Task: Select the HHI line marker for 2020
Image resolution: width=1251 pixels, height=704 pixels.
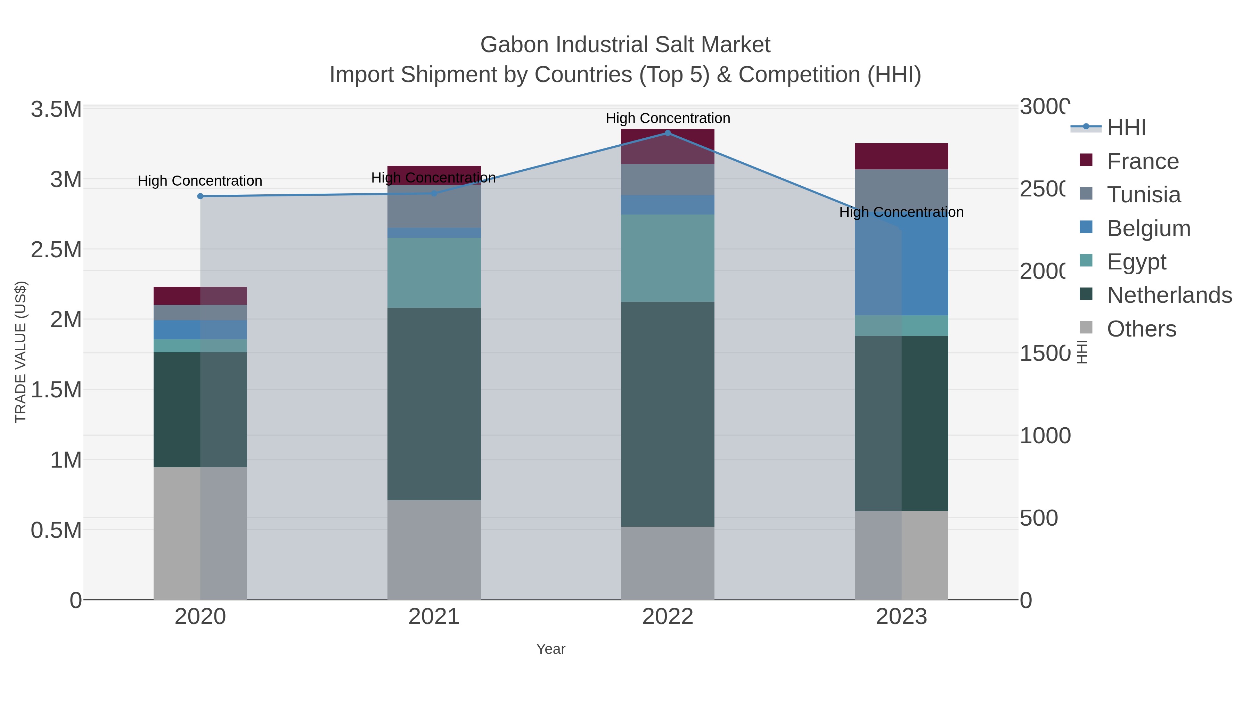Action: click(x=200, y=196)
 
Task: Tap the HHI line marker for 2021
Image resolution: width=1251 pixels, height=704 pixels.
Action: click(x=434, y=193)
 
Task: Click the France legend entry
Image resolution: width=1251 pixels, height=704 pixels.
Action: click(x=1142, y=161)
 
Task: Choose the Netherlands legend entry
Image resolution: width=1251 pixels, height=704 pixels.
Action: click(x=1169, y=296)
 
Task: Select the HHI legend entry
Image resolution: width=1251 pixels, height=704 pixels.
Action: click(x=1126, y=128)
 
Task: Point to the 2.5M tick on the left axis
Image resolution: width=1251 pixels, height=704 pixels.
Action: click(x=56, y=250)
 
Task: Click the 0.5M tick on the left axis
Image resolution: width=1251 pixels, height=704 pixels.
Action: click(x=56, y=530)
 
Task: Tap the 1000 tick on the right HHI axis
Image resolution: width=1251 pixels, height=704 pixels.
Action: click(x=1044, y=436)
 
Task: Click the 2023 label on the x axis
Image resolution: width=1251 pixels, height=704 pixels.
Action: click(x=901, y=617)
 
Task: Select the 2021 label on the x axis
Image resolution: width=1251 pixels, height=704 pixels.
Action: click(x=434, y=617)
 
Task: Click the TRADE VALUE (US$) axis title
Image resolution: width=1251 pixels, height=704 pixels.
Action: click(x=21, y=352)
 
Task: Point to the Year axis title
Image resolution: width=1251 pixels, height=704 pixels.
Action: click(x=551, y=649)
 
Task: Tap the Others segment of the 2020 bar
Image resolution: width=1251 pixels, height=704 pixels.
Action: click(x=200, y=533)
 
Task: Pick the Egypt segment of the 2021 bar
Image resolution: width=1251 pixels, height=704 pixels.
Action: click(x=434, y=273)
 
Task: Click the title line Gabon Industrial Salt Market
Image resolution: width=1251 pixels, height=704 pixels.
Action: click(x=625, y=45)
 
